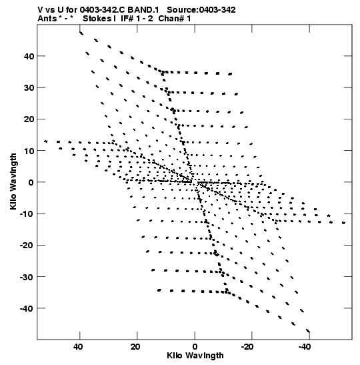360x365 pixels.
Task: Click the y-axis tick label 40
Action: pyautogui.click(x=29, y=56)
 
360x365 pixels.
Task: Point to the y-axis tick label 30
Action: pyautogui.click(x=29, y=88)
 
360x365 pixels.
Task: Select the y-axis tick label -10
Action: pyautogui.click(x=27, y=214)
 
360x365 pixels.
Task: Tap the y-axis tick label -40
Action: pyautogui.click(x=27, y=308)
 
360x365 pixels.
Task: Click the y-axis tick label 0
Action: pyautogui.click(x=31, y=182)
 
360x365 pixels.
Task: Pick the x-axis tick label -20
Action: pyautogui.click(x=247, y=347)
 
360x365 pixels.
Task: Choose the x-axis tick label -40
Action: pyautogui.click(x=305, y=347)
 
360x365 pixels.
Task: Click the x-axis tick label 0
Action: pyautogui.click(x=195, y=347)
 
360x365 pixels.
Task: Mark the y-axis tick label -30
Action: pyautogui.click(x=27, y=277)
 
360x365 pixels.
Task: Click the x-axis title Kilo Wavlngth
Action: pyautogui.click(x=195, y=356)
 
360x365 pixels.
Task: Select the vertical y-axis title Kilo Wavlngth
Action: pyautogui.click(x=13, y=181)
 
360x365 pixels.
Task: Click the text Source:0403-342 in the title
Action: pyautogui.click(x=201, y=10)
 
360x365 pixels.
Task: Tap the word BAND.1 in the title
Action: pyautogui.click(x=143, y=10)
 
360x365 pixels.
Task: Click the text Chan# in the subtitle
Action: pyautogui.click(x=171, y=19)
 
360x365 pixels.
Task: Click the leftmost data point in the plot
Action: pyautogui.click(x=46, y=141)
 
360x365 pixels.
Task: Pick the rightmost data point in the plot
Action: pyautogui.click(x=343, y=223)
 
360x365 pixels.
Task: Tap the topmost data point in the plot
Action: pyautogui.click(x=81, y=33)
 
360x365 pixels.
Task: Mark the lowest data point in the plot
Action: pyautogui.click(x=308, y=331)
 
